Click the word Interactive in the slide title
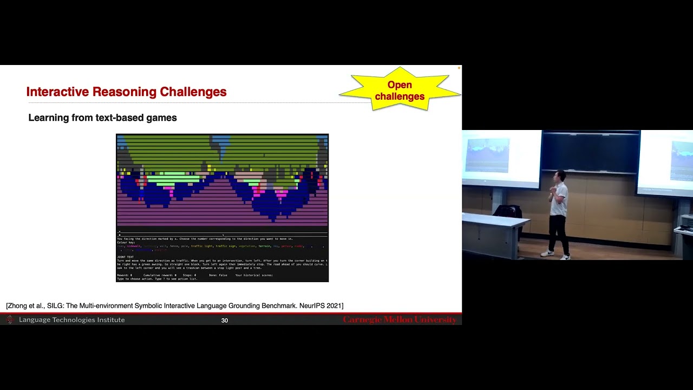pos(58,92)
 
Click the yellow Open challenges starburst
pos(400,90)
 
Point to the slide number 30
pos(224,320)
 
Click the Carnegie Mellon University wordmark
pos(400,320)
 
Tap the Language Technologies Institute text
pos(71,320)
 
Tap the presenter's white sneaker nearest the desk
pos(547,253)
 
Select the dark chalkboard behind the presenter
pos(590,152)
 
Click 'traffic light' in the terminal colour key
pos(202,246)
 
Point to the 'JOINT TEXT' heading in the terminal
pos(125,257)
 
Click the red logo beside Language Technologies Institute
pos(9,320)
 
